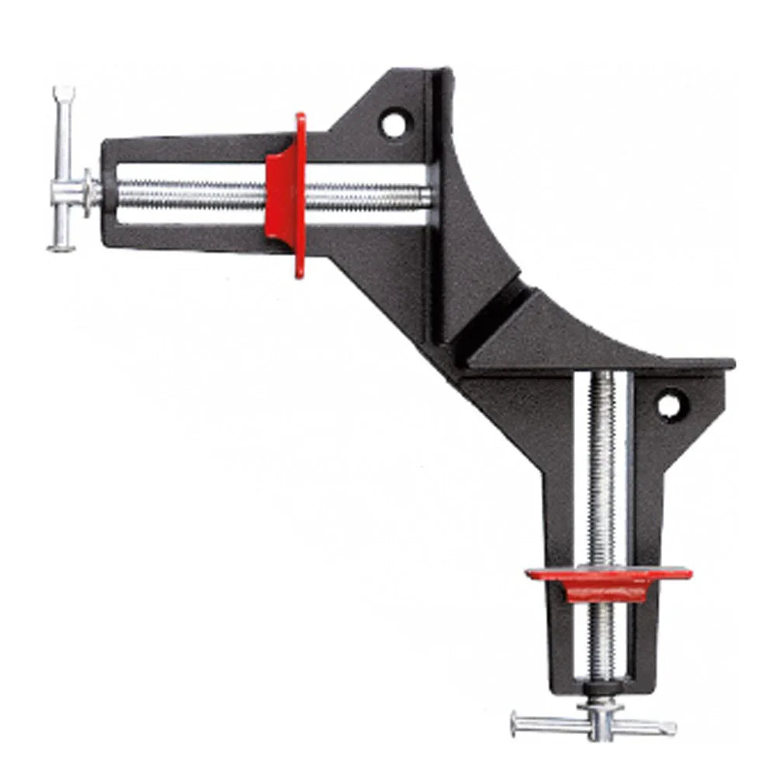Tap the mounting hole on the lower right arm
click(x=668, y=404)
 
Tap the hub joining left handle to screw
click(x=92, y=191)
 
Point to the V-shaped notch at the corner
click(x=497, y=310)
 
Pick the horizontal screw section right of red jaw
click(x=365, y=195)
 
